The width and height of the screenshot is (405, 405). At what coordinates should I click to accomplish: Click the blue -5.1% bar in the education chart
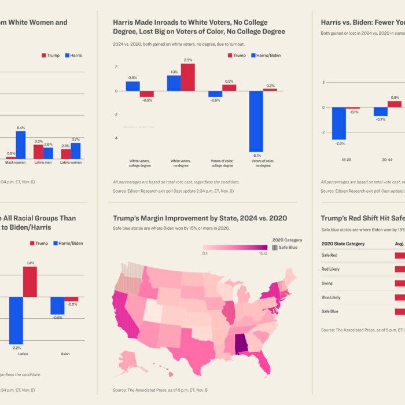[256, 121]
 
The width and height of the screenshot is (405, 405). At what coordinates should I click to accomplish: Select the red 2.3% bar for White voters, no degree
[187, 78]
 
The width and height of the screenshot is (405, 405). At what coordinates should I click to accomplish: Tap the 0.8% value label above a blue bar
[133, 78]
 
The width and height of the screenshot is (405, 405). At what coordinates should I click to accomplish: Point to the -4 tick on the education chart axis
[116, 138]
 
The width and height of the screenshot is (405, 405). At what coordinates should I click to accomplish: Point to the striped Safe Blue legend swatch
[274, 247]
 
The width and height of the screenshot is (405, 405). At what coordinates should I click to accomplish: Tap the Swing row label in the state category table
[327, 283]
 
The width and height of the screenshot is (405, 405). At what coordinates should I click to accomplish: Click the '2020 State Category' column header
[343, 244]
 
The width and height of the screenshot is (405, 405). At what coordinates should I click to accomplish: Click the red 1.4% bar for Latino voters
[30, 281]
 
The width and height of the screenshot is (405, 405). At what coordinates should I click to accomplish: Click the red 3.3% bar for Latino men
[39, 152]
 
